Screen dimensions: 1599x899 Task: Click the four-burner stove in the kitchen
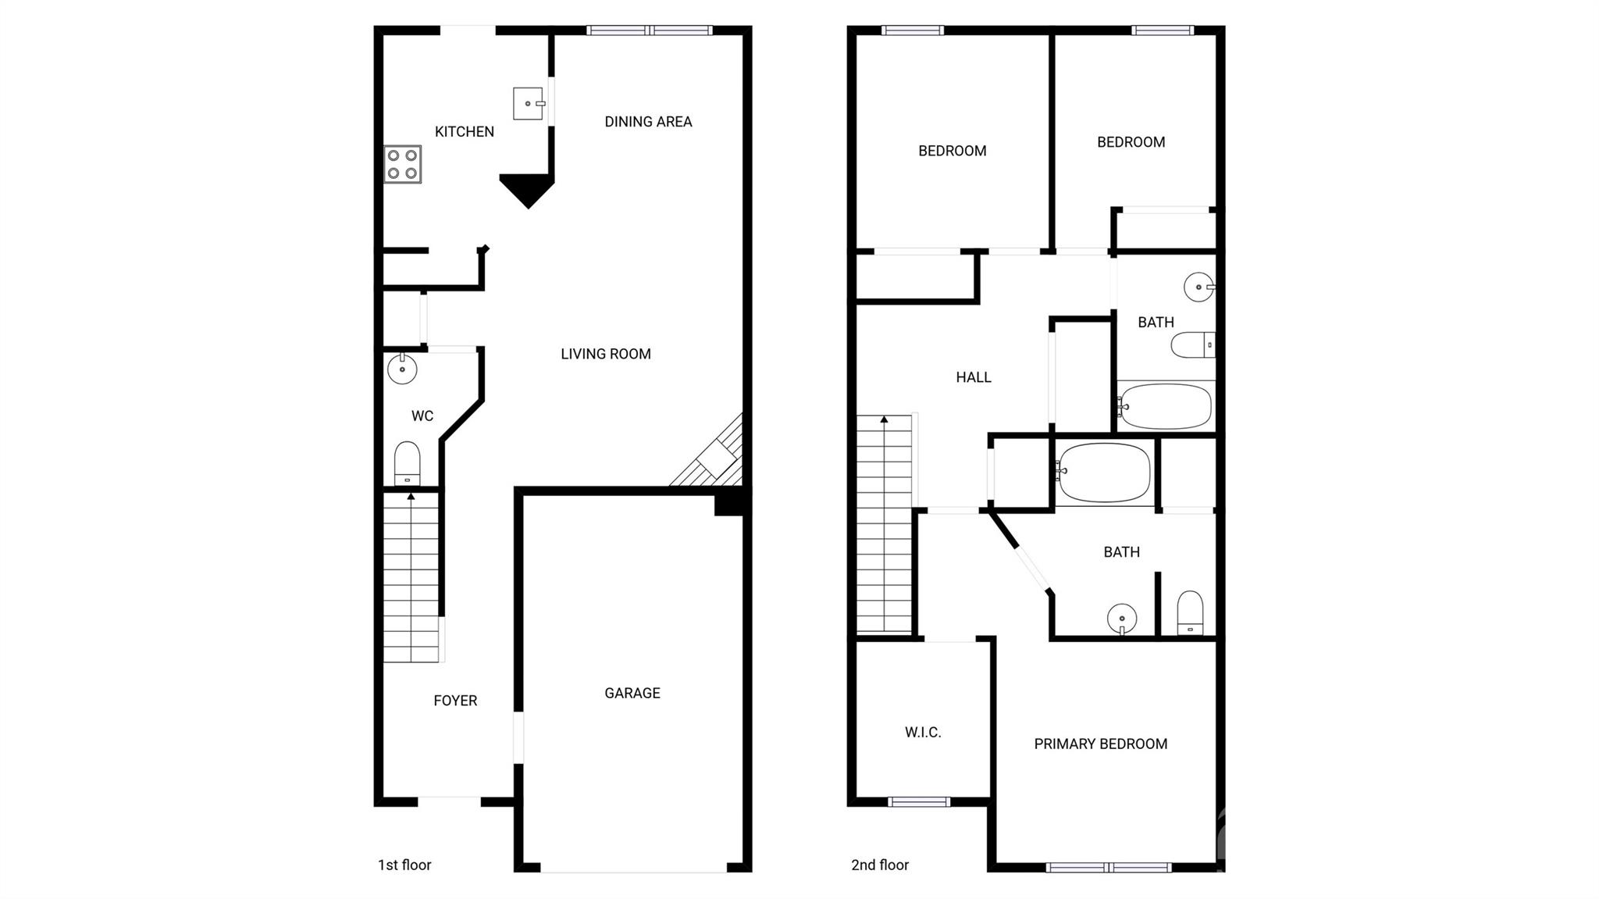coord(403,165)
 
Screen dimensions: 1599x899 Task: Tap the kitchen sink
coord(529,103)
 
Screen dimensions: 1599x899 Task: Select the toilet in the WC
coord(407,464)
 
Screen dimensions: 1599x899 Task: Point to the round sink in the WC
coord(402,369)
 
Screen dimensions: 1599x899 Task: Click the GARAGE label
coord(632,693)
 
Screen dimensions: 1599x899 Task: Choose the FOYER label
coord(455,701)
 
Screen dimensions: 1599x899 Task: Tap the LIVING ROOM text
coord(606,354)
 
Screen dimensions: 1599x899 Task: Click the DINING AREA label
coord(648,122)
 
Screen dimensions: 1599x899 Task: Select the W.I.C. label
coord(923,733)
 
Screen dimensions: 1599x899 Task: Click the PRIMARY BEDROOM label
coord(1101,744)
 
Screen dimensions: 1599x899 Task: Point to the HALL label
coord(974,377)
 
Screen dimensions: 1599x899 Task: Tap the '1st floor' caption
coord(404,865)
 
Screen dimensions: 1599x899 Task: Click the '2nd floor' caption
coord(880,865)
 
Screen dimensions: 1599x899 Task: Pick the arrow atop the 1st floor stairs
coord(411,497)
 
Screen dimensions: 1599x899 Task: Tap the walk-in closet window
coord(919,801)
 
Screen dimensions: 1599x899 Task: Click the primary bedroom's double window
coord(1109,867)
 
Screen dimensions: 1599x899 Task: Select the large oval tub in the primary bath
coord(1104,473)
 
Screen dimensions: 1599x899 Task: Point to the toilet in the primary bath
coord(1190,613)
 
